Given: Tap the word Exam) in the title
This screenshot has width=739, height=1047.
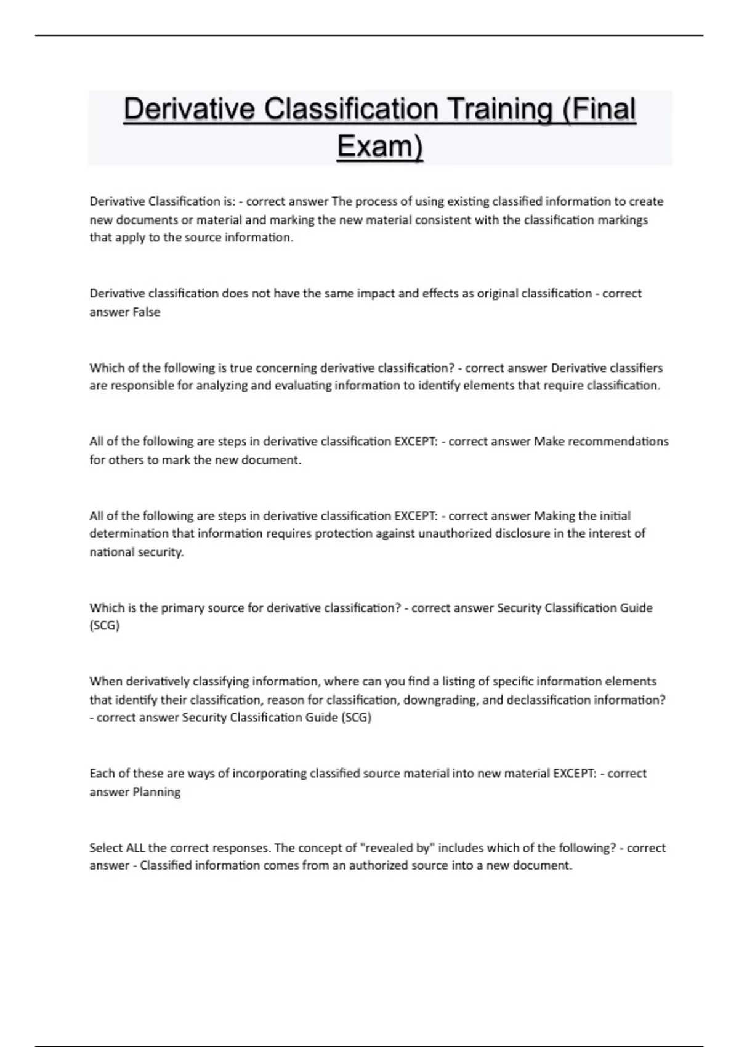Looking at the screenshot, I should (380, 146).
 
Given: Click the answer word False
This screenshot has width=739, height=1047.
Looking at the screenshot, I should (147, 312).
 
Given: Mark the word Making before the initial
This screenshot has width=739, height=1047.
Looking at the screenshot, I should (554, 515).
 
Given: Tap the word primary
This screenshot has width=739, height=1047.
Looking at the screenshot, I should (182, 608).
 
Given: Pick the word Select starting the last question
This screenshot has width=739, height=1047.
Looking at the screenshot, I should (106, 848).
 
